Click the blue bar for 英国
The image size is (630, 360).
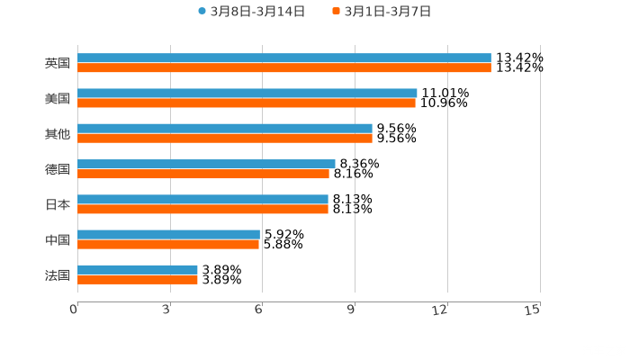click(x=284, y=58)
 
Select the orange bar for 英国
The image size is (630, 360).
click(x=284, y=67)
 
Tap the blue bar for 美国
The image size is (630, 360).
click(x=247, y=93)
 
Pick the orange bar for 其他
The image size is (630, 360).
click(x=225, y=139)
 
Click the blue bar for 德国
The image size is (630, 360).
click(x=206, y=164)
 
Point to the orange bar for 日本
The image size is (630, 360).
click(x=202, y=209)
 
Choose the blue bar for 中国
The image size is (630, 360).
click(x=168, y=234)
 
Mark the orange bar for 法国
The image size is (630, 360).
click(x=138, y=280)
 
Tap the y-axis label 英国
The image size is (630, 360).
click(x=57, y=64)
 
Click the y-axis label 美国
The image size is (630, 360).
click(x=57, y=99)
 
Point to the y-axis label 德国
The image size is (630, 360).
click(x=57, y=169)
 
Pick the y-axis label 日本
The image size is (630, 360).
click(x=57, y=204)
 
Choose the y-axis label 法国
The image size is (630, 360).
click(x=57, y=275)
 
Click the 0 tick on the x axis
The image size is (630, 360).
click(x=75, y=310)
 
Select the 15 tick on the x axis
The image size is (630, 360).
click(x=533, y=310)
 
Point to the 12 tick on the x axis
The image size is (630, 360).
click(x=441, y=310)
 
